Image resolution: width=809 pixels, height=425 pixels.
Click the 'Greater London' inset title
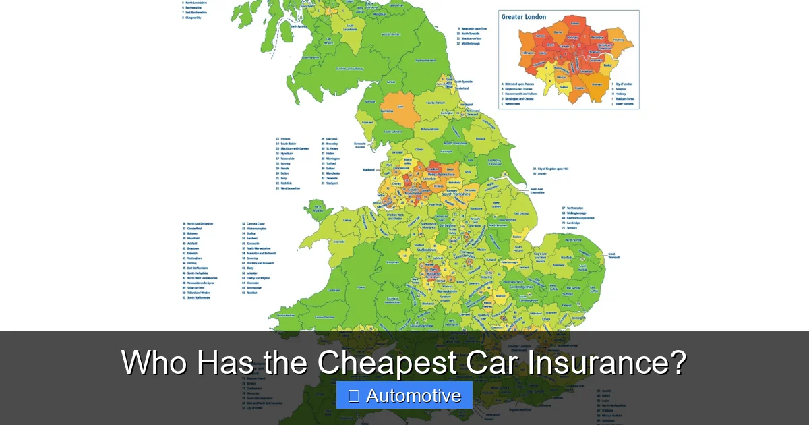pos(523,17)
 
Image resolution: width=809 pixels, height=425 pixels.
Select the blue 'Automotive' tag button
pos(404,395)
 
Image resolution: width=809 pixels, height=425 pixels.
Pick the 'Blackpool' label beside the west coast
pos(368,169)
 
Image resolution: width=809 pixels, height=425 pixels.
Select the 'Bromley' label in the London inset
pos(597,84)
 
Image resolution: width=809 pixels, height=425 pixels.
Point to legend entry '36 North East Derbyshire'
pos(197,223)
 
